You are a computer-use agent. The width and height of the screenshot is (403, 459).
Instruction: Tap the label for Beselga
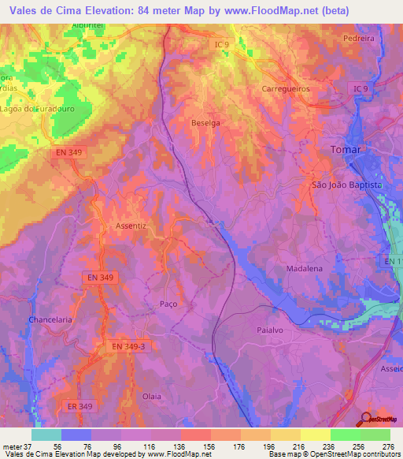click(206, 123)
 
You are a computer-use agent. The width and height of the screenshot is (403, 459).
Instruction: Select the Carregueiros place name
click(285, 89)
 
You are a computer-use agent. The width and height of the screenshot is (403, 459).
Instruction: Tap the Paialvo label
click(275, 331)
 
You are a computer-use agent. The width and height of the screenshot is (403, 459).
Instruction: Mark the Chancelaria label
click(50, 319)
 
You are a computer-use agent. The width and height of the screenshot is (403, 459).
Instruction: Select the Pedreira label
click(360, 38)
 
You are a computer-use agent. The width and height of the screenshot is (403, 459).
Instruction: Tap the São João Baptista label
click(347, 184)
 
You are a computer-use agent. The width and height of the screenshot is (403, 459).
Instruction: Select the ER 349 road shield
click(79, 406)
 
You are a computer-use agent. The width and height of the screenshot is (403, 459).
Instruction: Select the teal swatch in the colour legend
click(46, 435)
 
